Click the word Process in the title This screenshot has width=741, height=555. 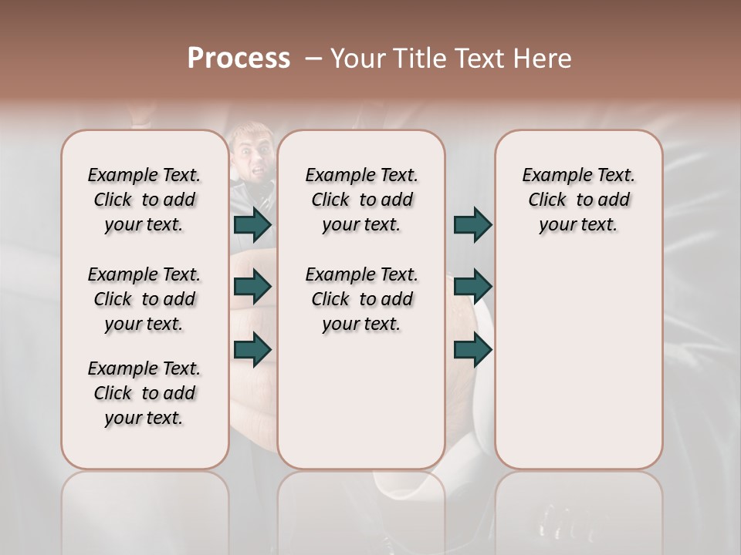pyautogui.click(x=239, y=59)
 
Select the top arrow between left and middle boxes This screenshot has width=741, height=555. pyautogui.click(x=252, y=224)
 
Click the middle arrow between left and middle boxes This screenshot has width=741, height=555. pyautogui.click(x=252, y=287)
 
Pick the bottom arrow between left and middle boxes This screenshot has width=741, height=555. pyautogui.click(x=252, y=350)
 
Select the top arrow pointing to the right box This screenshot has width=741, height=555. pyautogui.click(x=472, y=224)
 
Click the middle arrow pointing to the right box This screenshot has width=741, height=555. pyautogui.click(x=472, y=287)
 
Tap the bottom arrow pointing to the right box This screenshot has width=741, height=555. pyautogui.click(x=472, y=350)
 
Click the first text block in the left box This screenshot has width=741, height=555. pyautogui.click(x=144, y=200)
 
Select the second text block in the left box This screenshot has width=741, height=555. pyautogui.click(x=144, y=299)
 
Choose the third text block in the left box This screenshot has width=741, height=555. pyautogui.click(x=144, y=393)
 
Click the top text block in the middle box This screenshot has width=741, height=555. pyautogui.click(x=361, y=200)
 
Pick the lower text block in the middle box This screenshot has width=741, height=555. pyautogui.click(x=361, y=299)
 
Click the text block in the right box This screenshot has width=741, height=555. pyautogui.click(x=578, y=200)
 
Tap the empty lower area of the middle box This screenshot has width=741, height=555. pyautogui.click(x=361, y=401)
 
